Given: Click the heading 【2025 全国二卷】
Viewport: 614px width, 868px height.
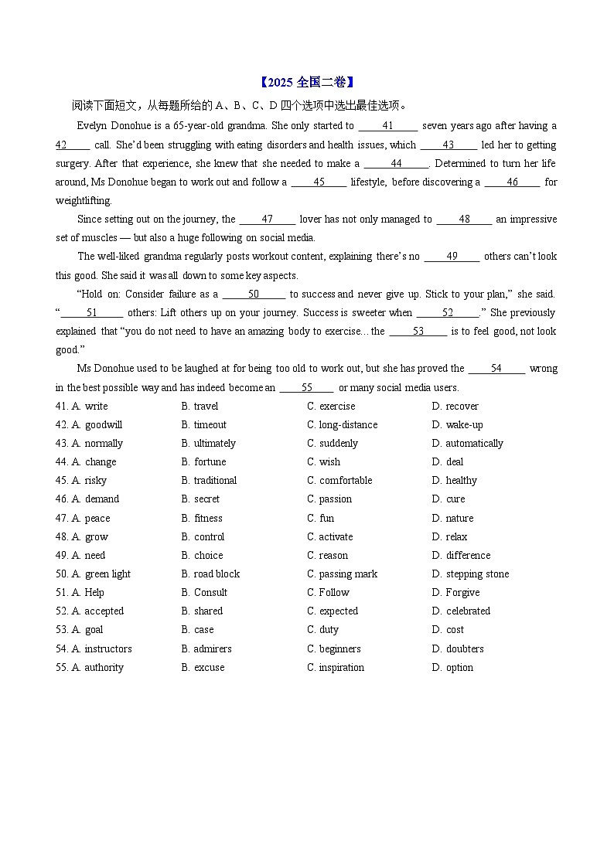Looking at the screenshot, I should click(x=306, y=83).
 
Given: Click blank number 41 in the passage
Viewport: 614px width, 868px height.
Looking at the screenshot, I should click(x=388, y=126).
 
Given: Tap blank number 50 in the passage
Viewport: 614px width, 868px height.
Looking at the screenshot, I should click(x=254, y=294).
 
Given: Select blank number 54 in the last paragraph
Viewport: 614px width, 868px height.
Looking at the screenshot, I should click(x=496, y=369).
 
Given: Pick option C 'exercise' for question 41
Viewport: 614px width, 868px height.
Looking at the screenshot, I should click(x=336, y=407).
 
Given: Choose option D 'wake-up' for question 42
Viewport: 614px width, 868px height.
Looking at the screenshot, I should click(x=463, y=425).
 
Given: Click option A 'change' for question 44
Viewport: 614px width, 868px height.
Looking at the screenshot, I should click(x=100, y=462).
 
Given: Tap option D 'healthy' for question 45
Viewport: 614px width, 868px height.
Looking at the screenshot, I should click(x=461, y=481).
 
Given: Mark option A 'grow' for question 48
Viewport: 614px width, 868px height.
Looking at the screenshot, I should click(x=96, y=537).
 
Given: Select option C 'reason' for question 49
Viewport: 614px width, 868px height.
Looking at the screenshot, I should click(x=333, y=556).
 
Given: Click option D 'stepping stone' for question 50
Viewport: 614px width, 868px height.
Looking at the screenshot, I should click(x=476, y=574).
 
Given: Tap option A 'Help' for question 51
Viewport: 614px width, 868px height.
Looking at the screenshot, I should click(x=94, y=593).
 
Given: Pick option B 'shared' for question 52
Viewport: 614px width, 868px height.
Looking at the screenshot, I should click(x=207, y=611).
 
